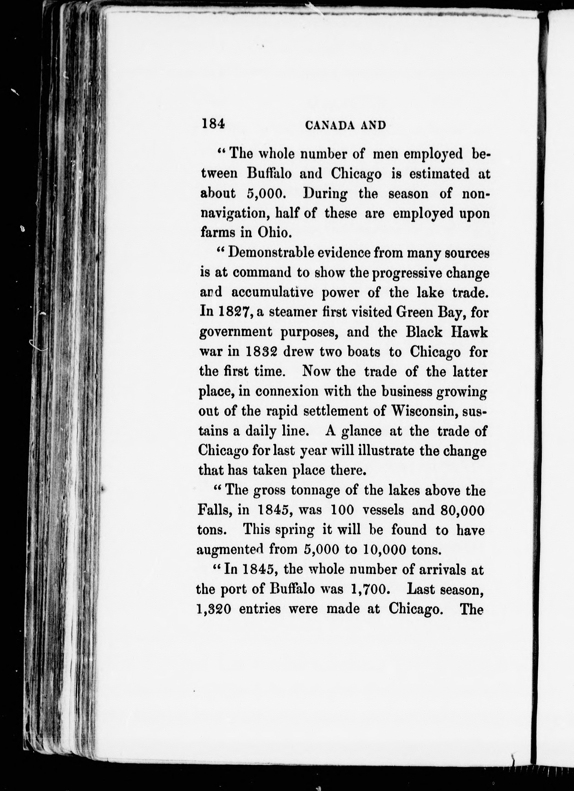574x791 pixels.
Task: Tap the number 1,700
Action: pyautogui.click(x=367, y=589)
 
